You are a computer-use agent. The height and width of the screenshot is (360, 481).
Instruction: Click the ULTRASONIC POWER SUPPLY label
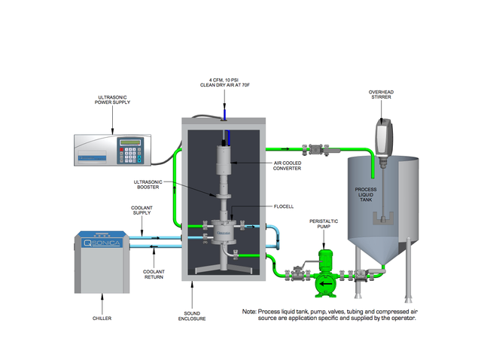(x=113, y=102)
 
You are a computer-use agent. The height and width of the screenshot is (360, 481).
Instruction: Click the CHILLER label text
(x=102, y=319)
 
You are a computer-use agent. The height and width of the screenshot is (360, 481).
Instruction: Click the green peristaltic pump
(x=325, y=271)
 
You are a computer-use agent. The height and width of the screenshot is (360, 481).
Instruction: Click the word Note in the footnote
(x=250, y=311)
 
